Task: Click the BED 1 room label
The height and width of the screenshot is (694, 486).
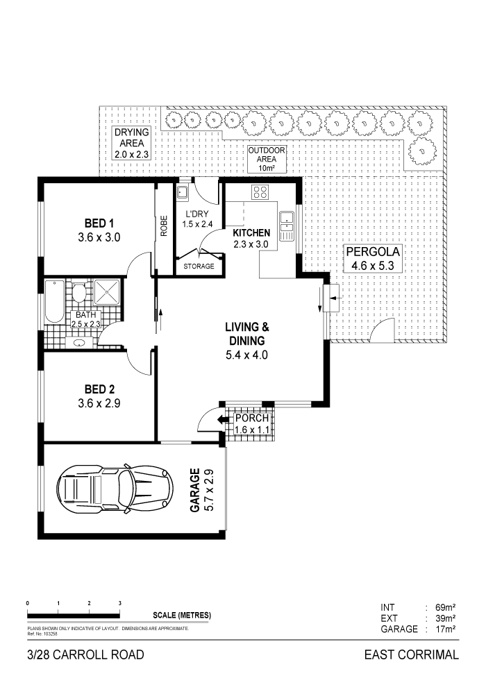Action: click(99, 223)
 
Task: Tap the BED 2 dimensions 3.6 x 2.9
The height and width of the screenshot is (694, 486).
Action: click(99, 403)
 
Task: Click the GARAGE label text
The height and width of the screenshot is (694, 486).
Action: click(196, 491)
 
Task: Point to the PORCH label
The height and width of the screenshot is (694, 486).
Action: click(251, 418)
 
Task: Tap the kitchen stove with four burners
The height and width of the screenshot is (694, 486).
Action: click(260, 192)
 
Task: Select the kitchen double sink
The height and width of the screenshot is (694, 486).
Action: click(287, 222)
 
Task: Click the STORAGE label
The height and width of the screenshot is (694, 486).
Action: click(199, 266)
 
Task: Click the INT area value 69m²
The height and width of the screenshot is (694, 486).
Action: click(444, 607)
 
